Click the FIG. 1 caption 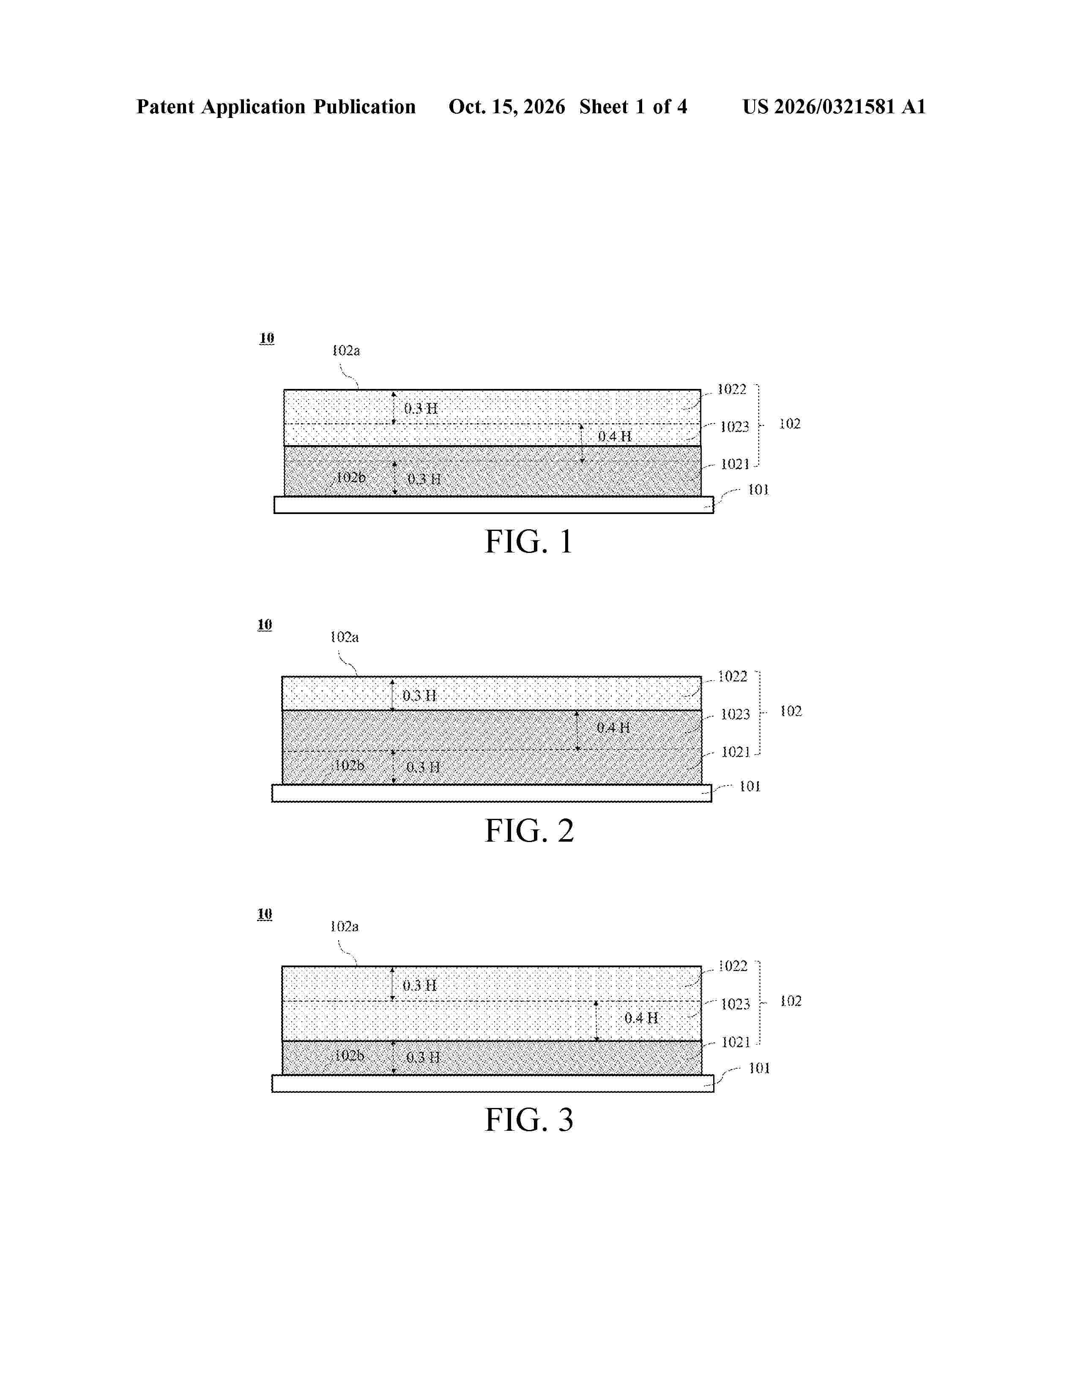click(x=529, y=542)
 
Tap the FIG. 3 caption click(x=529, y=1120)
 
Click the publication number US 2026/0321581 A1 click(x=834, y=107)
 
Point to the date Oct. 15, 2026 click(x=506, y=107)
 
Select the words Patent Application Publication click(x=276, y=107)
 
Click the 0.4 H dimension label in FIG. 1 click(x=614, y=436)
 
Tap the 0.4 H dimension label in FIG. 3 click(x=641, y=1018)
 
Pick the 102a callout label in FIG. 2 click(x=344, y=637)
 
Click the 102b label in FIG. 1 click(x=350, y=477)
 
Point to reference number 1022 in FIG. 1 click(x=732, y=389)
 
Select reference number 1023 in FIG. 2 click(x=735, y=714)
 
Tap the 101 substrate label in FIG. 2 click(x=750, y=786)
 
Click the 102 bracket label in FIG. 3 click(x=791, y=1001)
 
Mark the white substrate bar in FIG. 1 click(x=494, y=505)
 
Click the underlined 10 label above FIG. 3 click(x=264, y=914)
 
